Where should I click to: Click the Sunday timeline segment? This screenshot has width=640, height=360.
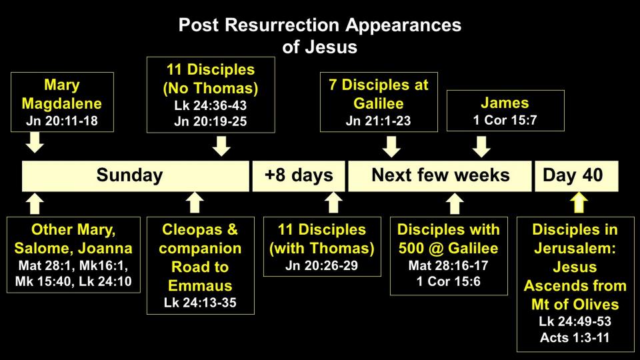tap(135, 176)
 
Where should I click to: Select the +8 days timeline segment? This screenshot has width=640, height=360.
tap(299, 176)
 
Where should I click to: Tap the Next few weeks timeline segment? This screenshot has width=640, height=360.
tap(439, 176)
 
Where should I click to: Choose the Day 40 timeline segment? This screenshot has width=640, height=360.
tap(576, 176)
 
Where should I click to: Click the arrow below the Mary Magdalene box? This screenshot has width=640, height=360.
tap(35, 143)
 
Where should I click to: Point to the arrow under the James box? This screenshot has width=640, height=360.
tap(481, 147)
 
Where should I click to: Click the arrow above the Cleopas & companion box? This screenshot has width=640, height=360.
tap(195, 203)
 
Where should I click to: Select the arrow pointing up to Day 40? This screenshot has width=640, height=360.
tap(579, 203)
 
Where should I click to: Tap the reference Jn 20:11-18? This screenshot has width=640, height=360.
tap(61, 121)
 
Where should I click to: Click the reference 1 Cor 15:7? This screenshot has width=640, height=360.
tap(505, 120)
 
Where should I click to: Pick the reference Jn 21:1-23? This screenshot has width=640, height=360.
tap(379, 121)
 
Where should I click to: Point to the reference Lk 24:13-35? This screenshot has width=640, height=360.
tap(200, 303)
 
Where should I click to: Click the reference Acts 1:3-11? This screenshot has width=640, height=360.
tap(575, 337)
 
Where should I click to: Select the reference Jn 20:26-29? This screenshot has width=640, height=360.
tap(321, 265)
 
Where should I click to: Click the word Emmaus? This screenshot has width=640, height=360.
tap(200, 285)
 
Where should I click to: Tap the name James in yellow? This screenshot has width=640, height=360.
tap(505, 103)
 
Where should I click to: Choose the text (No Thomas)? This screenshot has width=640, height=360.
tap(211, 88)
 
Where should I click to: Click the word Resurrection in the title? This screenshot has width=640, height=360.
tap(283, 25)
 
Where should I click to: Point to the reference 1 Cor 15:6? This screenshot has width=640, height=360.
tap(448, 281)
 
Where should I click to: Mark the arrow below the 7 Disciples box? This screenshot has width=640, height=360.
tap(391, 147)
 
